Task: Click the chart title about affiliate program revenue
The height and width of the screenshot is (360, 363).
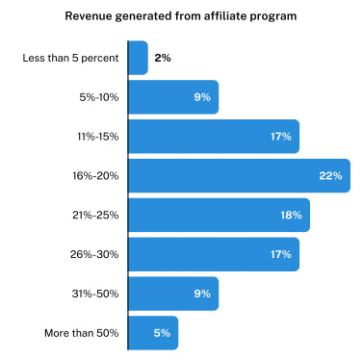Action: point(181,16)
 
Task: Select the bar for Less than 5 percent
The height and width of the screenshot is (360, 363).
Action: point(138,58)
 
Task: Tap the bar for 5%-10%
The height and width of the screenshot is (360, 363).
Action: point(173,97)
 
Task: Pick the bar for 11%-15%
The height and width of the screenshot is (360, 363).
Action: point(213,137)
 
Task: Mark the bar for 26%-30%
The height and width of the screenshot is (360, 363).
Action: point(213,254)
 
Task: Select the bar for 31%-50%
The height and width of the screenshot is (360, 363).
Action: point(173,294)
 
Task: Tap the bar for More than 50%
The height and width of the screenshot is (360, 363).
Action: point(153,333)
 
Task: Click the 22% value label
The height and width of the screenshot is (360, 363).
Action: point(330,176)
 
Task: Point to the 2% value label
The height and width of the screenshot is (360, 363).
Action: point(162,58)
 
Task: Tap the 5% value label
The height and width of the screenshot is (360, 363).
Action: point(161,333)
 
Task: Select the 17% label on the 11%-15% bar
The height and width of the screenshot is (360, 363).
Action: point(281,137)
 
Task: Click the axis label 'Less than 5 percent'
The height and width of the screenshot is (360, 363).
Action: point(70,58)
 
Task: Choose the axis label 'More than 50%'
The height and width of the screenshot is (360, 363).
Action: point(83,333)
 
